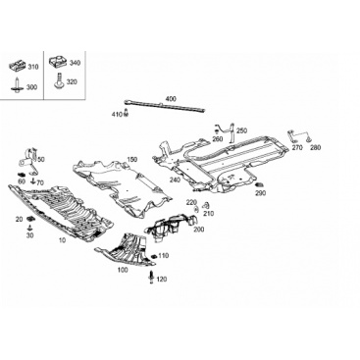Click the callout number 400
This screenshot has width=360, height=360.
point(171,99)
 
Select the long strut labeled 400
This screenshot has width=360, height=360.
point(165,106)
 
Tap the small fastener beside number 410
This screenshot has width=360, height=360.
point(127,114)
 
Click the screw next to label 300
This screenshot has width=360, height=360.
point(15,85)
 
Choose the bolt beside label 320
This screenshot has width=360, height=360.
point(59,80)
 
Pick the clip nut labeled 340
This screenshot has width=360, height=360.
point(57,62)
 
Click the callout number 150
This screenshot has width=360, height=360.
point(132,160)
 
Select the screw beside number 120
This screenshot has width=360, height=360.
point(152,278)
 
